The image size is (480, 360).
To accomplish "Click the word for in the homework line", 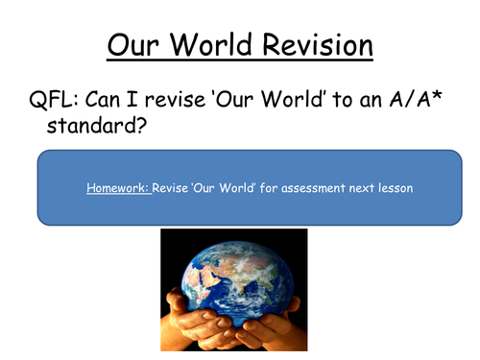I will pos(272,188).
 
